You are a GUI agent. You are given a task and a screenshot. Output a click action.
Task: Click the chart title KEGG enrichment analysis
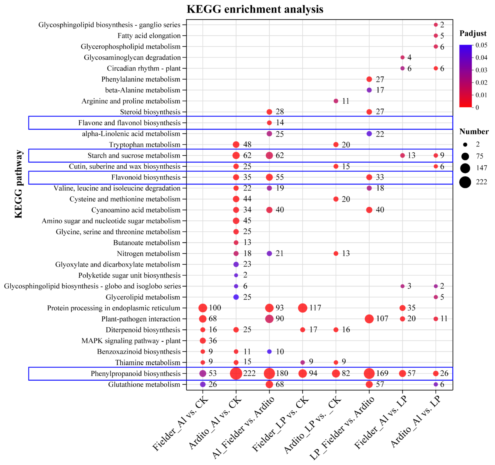(x=255, y=9)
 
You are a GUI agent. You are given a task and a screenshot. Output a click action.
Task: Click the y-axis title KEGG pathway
(x=18, y=184)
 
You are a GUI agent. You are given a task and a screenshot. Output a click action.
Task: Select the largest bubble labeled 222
(x=236, y=373)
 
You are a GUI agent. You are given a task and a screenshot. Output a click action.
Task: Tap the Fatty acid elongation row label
(x=149, y=36)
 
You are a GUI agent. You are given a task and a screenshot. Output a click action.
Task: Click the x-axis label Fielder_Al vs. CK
(x=180, y=423)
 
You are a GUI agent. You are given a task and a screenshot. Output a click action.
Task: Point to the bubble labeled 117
(x=302, y=308)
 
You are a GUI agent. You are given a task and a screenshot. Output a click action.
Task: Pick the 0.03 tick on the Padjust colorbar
(x=481, y=70)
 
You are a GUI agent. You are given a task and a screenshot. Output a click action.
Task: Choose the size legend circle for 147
(x=465, y=168)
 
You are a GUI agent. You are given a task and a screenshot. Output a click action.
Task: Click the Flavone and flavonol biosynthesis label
(x=129, y=123)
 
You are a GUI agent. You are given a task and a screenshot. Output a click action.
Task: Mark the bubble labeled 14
(x=269, y=123)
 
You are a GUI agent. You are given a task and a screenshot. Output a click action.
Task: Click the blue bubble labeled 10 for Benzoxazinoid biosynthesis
(x=269, y=351)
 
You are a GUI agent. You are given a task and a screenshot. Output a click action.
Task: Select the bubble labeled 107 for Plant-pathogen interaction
(x=369, y=319)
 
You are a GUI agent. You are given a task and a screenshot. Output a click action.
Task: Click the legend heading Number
(x=474, y=132)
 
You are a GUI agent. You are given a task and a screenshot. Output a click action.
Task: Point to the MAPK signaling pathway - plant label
(x=131, y=341)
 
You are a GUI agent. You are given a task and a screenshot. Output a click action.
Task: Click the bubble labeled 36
(x=203, y=341)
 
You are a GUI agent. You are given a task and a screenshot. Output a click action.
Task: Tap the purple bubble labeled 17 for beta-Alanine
(x=369, y=90)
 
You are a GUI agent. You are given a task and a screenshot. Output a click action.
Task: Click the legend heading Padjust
(x=473, y=33)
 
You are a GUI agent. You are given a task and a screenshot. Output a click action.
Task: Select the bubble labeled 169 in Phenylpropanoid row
(x=369, y=373)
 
